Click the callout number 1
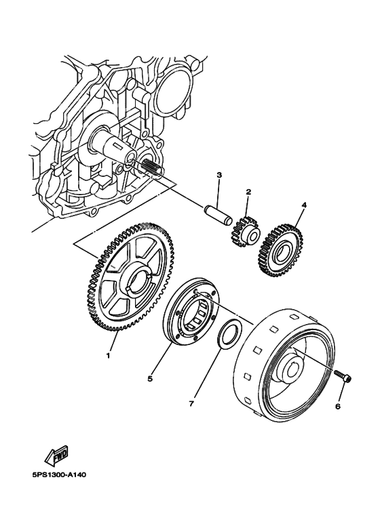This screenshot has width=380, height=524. (x=107, y=353)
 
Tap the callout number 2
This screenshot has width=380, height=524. (x=248, y=192)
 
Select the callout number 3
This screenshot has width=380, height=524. (x=219, y=175)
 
